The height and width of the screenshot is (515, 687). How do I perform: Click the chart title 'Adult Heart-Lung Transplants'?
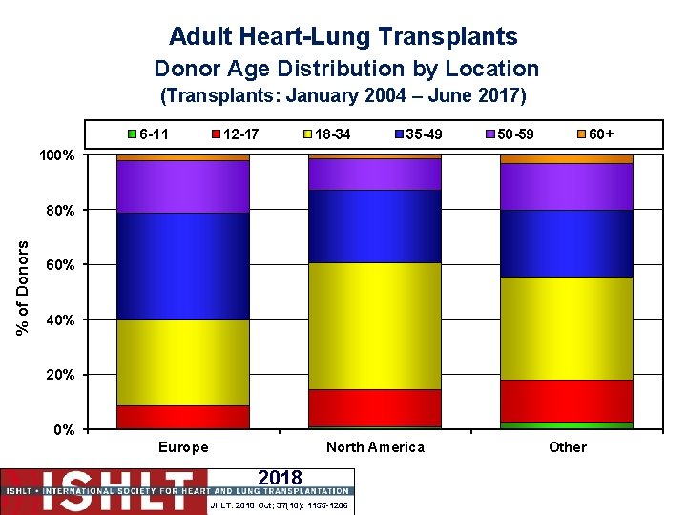(343, 37)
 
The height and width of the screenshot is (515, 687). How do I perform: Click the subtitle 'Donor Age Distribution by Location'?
(346, 69)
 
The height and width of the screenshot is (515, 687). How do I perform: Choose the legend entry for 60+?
(596, 134)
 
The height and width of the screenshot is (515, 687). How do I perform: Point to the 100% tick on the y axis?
(57, 154)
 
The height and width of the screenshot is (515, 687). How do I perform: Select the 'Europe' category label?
(182, 447)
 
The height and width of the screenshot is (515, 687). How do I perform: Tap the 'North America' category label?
(375, 447)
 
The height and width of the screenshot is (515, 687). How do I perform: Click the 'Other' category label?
(567, 447)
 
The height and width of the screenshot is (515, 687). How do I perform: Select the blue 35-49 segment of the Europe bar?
(182, 266)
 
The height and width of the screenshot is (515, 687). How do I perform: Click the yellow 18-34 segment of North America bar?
(375, 325)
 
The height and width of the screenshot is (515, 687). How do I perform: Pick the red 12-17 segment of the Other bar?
(567, 401)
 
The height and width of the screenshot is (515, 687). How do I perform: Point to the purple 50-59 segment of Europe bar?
(182, 186)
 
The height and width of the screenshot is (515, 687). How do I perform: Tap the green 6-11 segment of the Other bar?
(567, 425)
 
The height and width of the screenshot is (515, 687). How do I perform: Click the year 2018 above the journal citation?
(280, 478)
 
